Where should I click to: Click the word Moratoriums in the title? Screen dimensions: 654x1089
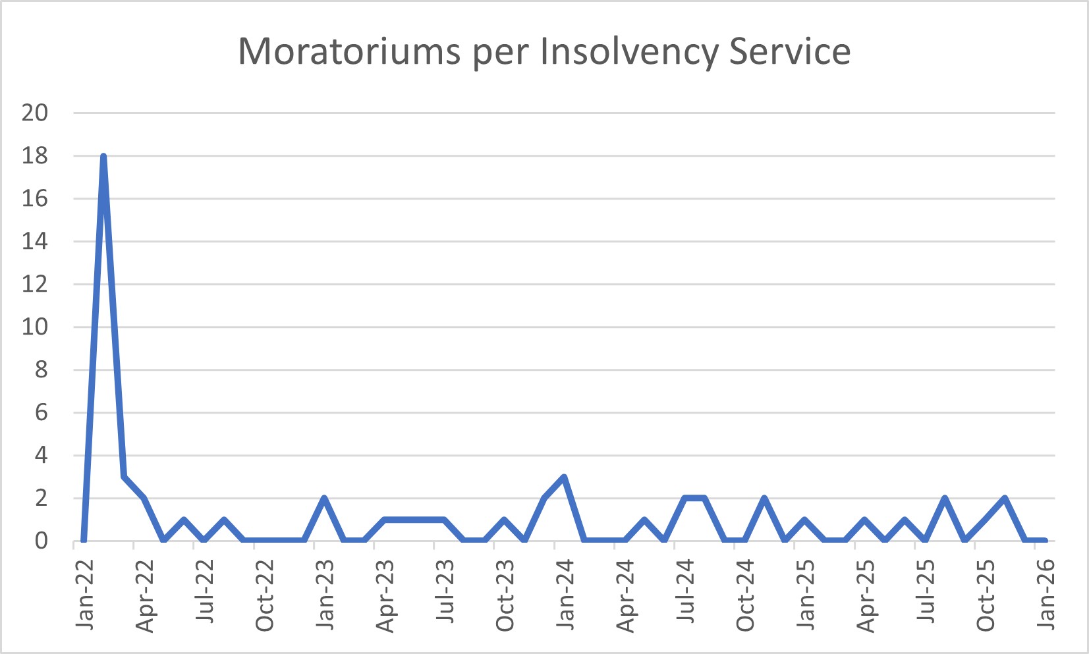pyautogui.click(x=349, y=51)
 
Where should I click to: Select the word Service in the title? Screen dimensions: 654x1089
pyautogui.click(x=790, y=51)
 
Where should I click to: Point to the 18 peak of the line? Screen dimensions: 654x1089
pyautogui.click(x=103, y=157)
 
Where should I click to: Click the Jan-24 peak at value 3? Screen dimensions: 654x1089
pyautogui.click(x=564, y=477)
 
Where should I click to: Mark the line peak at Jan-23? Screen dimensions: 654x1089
pyautogui.click(x=324, y=498)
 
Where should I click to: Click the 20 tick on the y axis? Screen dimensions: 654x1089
pyautogui.click(x=35, y=113)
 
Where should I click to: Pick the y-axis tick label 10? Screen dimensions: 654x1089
pyautogui.click(x=35, y=327)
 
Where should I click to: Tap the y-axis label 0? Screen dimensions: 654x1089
pyautogui.click(x=41, y=541)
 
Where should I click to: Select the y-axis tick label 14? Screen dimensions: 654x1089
pyautogui.click(x=35, y=241)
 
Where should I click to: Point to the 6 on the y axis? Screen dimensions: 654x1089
pyautogui.click(x=41, y=412)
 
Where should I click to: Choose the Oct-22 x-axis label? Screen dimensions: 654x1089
pyautogui.click(x=265, y=595)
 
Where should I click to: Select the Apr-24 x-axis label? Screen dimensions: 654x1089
pyautogui.click(x=625, y=595)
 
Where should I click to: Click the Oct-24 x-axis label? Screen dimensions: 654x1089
pyautogui.click(x=745, y=595)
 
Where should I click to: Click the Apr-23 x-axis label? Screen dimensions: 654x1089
pyautogui.click(x=385, y=595)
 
